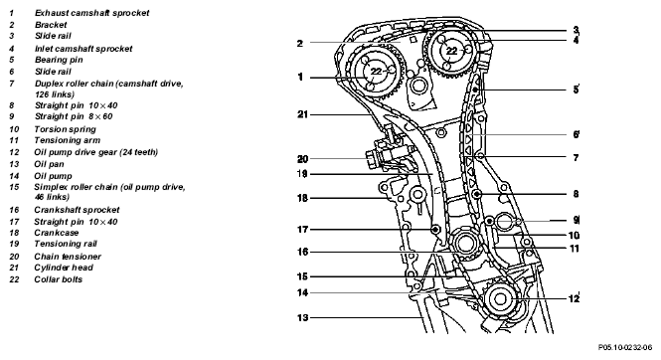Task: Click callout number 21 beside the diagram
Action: [303, 114]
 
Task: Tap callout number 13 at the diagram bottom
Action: [303, 317]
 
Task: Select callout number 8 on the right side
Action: [576, 194]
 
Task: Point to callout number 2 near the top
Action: [300, 43]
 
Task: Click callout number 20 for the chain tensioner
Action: [303, 159]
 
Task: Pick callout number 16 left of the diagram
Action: [303, 252]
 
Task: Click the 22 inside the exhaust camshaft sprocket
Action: [376, 72]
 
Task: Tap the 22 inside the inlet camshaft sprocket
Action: [452, 51]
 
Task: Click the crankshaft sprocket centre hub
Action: [464, 243]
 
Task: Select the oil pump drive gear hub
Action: [500, 299]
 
